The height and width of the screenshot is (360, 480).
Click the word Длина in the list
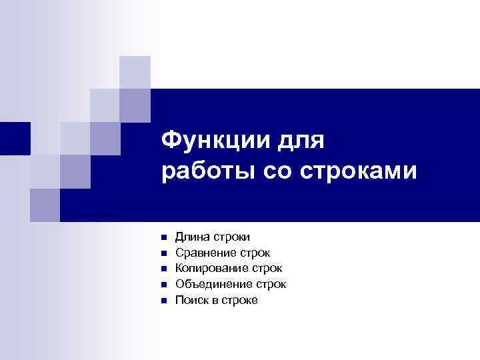191,237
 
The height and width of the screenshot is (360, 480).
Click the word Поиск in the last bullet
191,301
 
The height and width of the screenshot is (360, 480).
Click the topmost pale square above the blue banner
135,72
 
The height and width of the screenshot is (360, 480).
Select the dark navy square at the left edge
15,138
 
